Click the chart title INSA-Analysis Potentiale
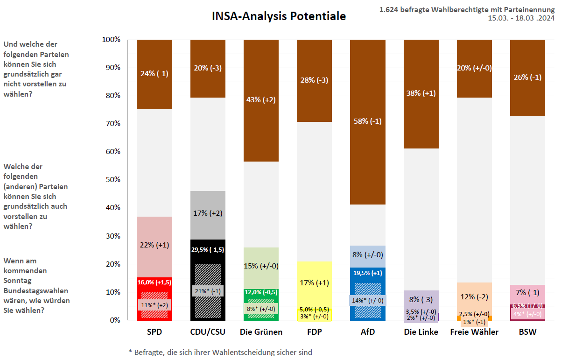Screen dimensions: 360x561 click(279, 16)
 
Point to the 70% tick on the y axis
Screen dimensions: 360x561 click(111, 124)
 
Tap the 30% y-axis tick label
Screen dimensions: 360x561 click(111, 236)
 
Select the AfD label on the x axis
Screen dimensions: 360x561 click(367, 332)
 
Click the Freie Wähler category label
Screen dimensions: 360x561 click(474, 332)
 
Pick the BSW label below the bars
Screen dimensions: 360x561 click(527, 332)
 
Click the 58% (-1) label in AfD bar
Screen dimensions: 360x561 click(367, 121)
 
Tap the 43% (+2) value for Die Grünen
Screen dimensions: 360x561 click(261, 99)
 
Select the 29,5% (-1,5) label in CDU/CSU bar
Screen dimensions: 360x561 click(208, 249)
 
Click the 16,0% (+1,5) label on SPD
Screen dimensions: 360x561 click(154, 282)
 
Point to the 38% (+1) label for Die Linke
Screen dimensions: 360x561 click(421, 93)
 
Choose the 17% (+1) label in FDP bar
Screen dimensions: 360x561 click(314, 282)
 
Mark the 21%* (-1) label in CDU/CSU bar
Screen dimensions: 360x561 click(208, 291)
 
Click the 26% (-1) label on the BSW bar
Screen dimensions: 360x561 click(527, 77)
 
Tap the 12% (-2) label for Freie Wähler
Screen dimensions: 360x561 click(474, 297)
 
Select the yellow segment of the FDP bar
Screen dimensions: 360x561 click(314, 271)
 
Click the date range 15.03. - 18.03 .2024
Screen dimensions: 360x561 click(521, 18)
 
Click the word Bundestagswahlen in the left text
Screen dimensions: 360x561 click(30, 291)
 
